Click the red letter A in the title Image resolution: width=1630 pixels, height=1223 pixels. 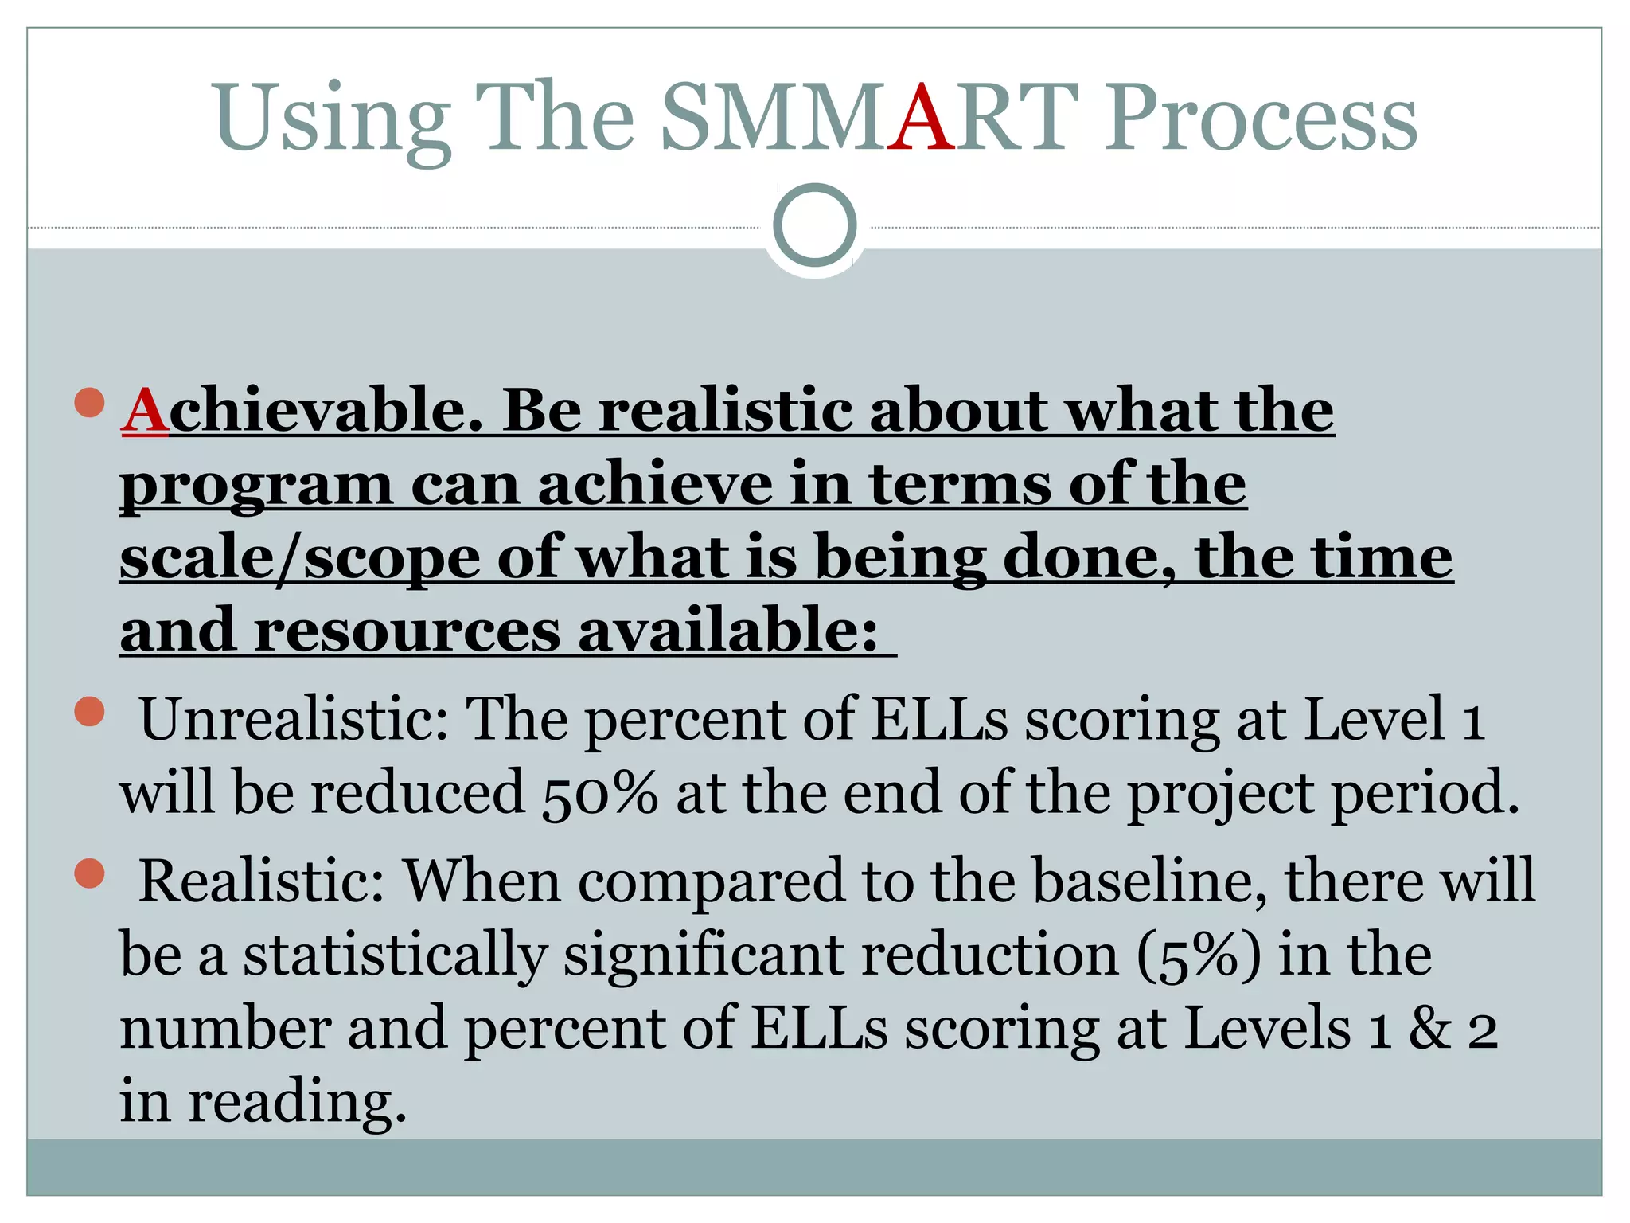[x=921, y=117]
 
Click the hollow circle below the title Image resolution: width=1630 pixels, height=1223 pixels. [x=814, y=225]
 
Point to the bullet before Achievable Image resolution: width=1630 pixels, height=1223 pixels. [x=90, y=403]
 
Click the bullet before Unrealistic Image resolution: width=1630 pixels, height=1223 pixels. [x=90, y=712]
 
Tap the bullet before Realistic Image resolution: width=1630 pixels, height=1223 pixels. [x=90, y=873]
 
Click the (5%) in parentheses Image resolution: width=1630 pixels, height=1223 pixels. [x=1199, y=955]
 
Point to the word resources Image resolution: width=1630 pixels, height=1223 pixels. [x=407, y=631]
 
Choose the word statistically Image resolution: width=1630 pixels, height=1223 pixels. [x=395, y=955]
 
